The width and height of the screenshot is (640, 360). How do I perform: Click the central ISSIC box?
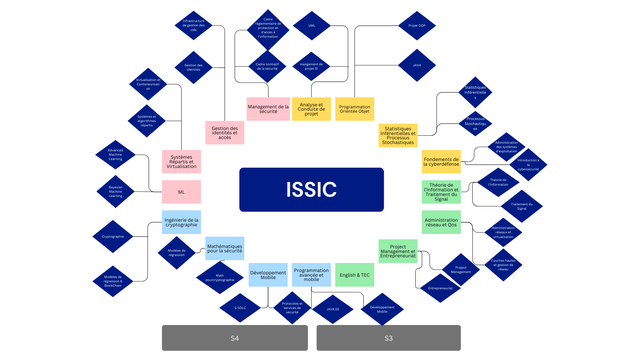coord(311,189)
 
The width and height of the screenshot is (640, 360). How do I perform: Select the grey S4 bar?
coord(235,338)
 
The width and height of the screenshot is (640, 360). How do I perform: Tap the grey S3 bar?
coord(388,338)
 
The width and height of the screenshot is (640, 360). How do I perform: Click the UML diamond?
coord(312,26)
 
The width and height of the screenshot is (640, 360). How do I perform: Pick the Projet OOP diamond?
coord(417,26)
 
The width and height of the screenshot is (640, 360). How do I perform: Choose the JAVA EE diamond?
coord(333,309)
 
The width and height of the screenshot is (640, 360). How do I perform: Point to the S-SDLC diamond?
coord(240,308)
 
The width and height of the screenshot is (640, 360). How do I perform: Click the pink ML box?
coord(181,192)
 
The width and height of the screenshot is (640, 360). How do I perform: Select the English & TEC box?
coord(355,275)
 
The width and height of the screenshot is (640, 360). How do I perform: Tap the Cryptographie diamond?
coord(113,237)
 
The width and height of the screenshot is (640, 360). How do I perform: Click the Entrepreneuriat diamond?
coord(440,288)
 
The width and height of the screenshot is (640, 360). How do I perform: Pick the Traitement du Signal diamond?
coord(522,206)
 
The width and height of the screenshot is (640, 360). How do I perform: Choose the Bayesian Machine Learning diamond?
coord(115,192)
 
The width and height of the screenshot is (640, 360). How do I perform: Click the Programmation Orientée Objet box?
coord(355,109)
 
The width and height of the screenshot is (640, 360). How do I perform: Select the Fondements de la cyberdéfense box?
coord(441,162)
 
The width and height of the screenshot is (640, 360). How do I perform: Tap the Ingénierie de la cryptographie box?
coord(181,222)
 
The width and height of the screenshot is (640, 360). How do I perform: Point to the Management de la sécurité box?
coord(268,109)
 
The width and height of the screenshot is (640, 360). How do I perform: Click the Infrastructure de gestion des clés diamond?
coord(193,25)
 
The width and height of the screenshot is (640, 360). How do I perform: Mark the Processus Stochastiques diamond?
coord(475,124)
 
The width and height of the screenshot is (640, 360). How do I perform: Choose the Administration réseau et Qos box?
coord(441,222)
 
